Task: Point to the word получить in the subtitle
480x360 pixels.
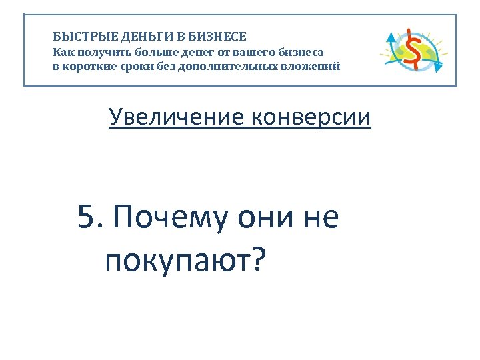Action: (x=99, y=52)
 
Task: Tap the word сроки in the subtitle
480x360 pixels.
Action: (x=131, y=67)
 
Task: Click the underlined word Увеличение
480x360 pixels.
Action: (x=176, y=118)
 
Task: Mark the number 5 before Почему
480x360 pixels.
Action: (x=85, y=217)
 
